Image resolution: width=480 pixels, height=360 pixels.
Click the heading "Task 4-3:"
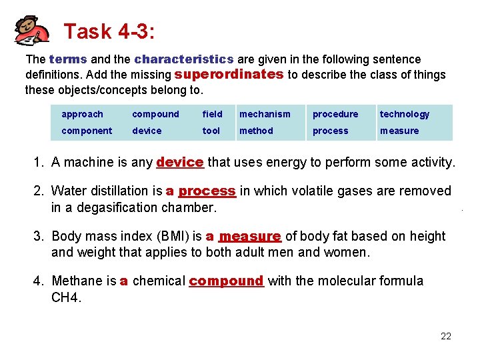coord(111,31)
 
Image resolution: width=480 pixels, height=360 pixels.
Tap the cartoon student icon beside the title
coord(32,31)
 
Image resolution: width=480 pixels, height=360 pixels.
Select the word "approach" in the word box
coord(82,114)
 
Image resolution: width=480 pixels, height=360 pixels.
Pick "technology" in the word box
coord(405,114)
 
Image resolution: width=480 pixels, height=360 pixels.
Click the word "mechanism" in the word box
coord(265,114)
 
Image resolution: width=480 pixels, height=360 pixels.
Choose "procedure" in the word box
coord(335,114)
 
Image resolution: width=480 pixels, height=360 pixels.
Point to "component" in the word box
coord(87,131)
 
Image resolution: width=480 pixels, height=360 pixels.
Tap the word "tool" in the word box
coord(211,131)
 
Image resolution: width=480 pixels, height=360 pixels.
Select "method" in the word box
coord(256,131)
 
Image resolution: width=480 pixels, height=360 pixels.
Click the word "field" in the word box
coord(212,114)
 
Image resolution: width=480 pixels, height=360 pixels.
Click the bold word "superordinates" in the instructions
coord(229,74)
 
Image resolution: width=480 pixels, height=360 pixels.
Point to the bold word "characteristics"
coord(183,59)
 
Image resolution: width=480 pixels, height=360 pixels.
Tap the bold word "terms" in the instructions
coord(68,59)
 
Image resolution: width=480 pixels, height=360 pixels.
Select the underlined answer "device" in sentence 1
coord(179,162)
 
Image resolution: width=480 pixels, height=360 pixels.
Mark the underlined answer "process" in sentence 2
coord(207,191)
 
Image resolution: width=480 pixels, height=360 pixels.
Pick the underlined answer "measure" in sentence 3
coord(250,237)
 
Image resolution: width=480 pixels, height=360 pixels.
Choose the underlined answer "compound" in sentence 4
coord(227,281)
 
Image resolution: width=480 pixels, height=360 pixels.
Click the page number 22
coord(446,336)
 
